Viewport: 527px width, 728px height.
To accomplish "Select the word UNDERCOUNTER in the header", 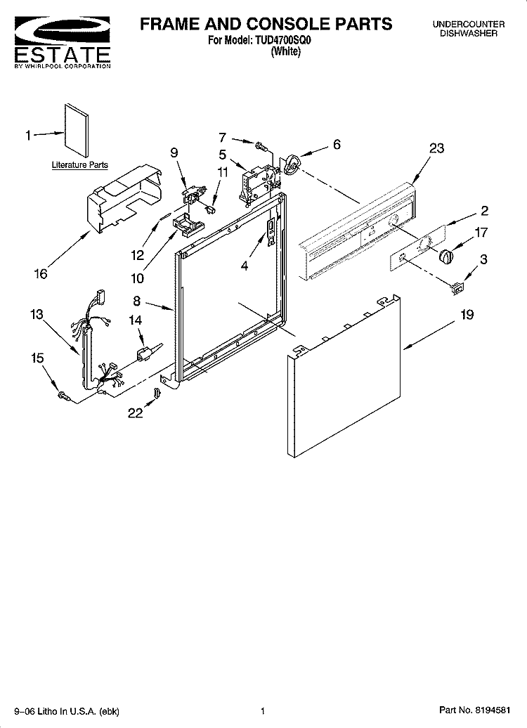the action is (469, 24).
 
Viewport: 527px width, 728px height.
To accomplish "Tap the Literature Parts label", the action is (80, 165).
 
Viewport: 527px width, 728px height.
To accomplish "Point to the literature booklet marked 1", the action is (77, 131).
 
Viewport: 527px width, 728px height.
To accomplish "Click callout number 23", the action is (436, 148).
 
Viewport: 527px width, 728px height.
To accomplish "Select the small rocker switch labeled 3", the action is (458, 289).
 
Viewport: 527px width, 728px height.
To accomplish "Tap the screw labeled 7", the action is (261, 146).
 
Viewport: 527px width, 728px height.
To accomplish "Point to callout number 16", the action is (41, 274).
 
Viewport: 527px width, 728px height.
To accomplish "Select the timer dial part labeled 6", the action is (292, 166).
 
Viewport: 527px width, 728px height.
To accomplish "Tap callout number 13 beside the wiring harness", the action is (37, 314).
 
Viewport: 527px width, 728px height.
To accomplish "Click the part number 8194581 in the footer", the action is (492, 710).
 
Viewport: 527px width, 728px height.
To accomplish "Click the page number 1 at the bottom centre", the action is (263, 711).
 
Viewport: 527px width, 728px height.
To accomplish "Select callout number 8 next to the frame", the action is (136, 301).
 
